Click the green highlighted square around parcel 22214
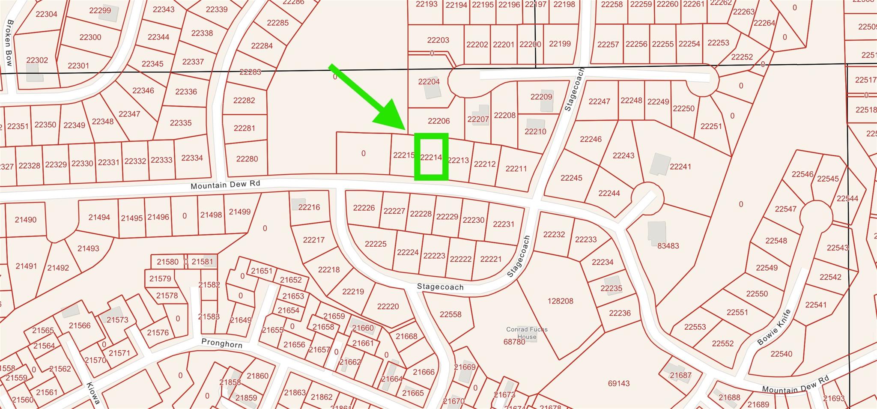431,157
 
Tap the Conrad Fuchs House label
527,333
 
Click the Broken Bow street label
10,43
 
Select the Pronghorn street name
222,343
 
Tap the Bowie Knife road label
774,327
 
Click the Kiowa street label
93,393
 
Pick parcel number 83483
668,246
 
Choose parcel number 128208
560,301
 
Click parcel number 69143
619,383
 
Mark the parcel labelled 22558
450,314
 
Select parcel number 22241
680,167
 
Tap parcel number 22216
309,207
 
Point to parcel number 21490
26,220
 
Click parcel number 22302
37,60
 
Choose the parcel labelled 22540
781,354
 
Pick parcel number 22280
247,159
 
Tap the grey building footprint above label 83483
656,231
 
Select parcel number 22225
376,244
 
